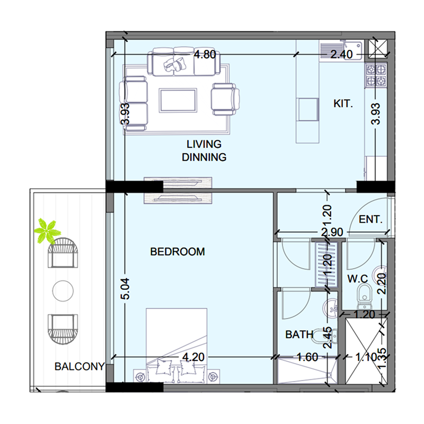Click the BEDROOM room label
click(x=178, y=252)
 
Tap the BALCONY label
click(x=79, y=366)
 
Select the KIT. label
click(x=343, y=103)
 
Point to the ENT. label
click(x=370, y=219)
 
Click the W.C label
click(x=357, y=279)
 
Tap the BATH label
click(x=299, y=334)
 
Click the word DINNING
click(x=204, y=157)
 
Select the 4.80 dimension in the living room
click(x=205, y=55)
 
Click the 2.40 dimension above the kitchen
click(x=341, y=55)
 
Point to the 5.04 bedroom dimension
click(x=126, y=288)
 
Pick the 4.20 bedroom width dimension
click(x=193, y=357)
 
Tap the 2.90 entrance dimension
click(x=332, y=232)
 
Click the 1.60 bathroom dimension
click(x=307, y=357)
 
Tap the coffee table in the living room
click(x=178, y=100)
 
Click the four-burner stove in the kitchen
click(x=376, y=76)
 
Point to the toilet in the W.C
click(x=365, y=297)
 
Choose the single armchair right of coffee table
click(x=225, y=99)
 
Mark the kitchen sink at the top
click(x=341, y=49)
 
